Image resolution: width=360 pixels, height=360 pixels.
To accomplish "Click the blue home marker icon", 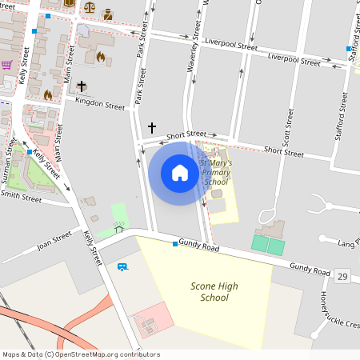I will (x=180, y=173).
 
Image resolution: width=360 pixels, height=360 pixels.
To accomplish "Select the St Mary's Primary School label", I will (x=216, y=172).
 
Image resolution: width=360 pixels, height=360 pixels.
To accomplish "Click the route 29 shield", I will (x=342, y=276).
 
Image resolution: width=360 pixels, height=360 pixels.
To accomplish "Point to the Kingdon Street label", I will (x=100, y=104).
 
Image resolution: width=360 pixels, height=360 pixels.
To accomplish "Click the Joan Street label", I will (x=54, y=239).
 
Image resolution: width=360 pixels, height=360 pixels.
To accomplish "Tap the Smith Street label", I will (x=21, y=194).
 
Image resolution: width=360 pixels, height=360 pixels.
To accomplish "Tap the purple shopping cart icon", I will (x=6, y=65).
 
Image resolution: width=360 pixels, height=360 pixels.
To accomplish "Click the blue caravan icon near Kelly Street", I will (x=122, y=266).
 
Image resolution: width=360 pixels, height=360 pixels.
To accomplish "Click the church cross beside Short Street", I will (x=152, y=127).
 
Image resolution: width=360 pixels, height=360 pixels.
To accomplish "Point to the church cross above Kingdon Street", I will (x=81, y=86).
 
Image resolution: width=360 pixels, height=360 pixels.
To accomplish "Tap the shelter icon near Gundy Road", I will (x=118, y=229).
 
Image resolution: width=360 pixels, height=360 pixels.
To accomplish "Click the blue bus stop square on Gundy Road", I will (x=174, y=243).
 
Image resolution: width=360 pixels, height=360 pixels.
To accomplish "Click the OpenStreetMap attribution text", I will (x=70, y=354).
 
